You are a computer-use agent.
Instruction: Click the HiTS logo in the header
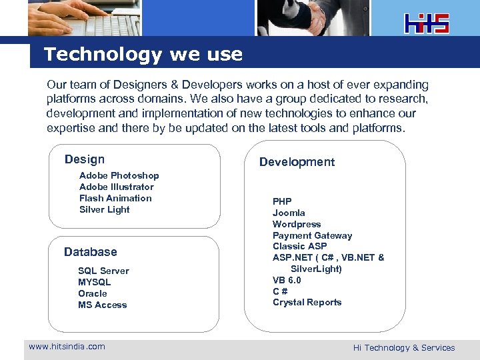point(427,23)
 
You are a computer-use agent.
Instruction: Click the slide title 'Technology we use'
point(143,54)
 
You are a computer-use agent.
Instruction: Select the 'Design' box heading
point(85,159)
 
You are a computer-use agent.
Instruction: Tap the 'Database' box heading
point(90,252)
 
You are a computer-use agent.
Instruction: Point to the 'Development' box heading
point(297,162)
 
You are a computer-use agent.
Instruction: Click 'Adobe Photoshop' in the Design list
point(119,175)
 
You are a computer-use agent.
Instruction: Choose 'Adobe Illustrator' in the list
point(116,187)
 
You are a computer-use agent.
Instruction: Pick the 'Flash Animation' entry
point(115,198)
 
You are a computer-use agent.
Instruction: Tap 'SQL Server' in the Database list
point(103,271)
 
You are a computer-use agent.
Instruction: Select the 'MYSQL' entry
point(94,282)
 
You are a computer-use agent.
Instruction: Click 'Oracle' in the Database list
point(92,293)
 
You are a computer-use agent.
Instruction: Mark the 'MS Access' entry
point(102,305)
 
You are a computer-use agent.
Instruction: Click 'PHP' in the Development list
point(282,201)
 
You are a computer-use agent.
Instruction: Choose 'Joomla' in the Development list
point(289,213)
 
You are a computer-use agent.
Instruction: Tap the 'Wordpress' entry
point(297,224)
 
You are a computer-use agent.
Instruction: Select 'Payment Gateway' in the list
point(312,235)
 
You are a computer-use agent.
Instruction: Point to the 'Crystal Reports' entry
point(307,302)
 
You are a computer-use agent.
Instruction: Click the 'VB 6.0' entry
point(287,280)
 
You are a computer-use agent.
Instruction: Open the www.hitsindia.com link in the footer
point(67,346)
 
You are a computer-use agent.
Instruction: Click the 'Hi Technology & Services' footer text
point(404,347)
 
